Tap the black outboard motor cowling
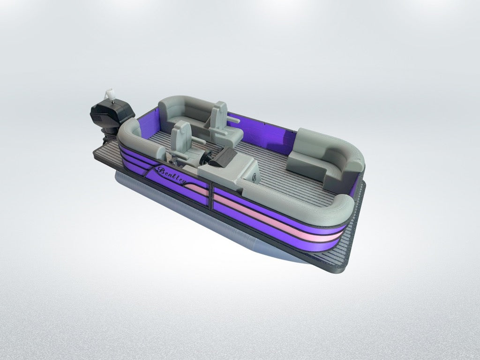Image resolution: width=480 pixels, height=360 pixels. click(x=112, y=113)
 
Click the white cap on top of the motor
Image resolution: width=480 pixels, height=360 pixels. click(x=110, y=94)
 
